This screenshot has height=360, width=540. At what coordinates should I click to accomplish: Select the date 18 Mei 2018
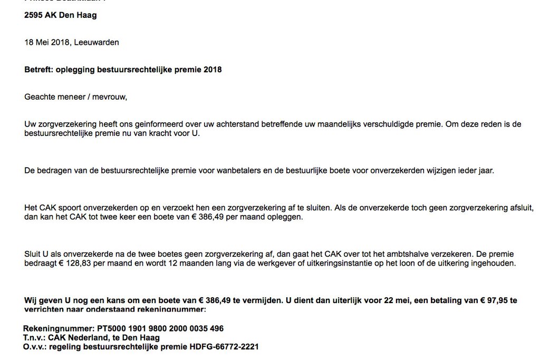tap(47, 42)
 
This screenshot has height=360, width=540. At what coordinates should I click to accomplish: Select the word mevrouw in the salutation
tap(110, 97)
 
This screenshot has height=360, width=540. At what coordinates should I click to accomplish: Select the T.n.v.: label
tap(34, 338)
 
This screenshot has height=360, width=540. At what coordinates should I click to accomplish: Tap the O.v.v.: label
tap(35, 347)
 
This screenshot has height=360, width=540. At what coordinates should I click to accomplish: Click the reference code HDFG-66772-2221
tap(224, 347)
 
